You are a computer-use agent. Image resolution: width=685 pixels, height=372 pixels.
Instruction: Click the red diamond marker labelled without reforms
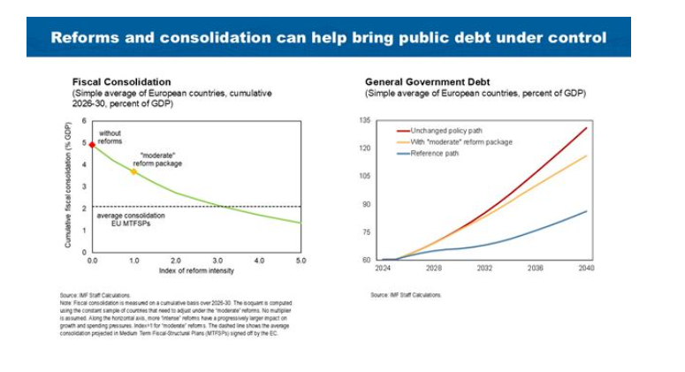(92, 143)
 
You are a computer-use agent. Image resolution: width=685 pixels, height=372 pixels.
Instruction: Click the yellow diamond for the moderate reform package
(133, 171)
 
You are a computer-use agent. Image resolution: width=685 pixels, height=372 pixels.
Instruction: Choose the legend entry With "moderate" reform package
(461, 141)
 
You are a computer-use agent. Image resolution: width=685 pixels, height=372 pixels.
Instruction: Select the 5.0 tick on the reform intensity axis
(301, 261)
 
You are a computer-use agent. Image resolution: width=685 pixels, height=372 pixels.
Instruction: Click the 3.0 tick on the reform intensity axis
(217, 261)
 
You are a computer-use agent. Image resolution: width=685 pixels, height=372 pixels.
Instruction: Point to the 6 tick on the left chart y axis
(84, 121)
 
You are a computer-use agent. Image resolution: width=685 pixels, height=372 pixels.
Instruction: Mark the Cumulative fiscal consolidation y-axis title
(69, 186)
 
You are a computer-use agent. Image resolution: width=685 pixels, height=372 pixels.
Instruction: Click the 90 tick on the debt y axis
(366, 204)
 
